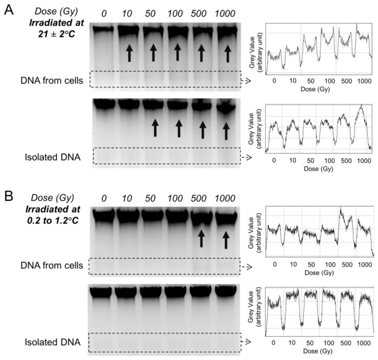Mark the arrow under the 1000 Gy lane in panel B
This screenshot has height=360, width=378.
(x=225, y=239)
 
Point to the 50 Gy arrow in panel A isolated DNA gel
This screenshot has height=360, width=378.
(x=154, y=127)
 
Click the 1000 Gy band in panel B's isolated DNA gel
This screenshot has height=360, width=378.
(x=225, y=293)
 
